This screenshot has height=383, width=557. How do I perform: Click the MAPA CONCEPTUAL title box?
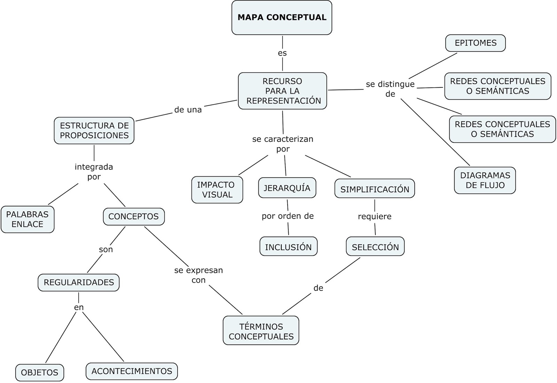(x=282, y=17)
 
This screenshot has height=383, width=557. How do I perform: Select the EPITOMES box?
(x=475, y=43)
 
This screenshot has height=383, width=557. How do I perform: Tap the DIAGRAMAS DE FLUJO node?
(x=485, y=180)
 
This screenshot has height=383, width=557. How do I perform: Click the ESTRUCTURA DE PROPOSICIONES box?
(x=94, y=131)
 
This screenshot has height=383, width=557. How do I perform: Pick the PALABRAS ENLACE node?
(x=28, y=219)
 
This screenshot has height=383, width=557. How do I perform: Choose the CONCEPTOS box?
(x=134, y=217)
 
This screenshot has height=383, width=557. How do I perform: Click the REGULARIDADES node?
(x=79, y=282)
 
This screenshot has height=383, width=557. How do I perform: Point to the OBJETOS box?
(x=40, y=373)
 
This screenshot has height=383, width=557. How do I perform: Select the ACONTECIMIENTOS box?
(x=132, y=371)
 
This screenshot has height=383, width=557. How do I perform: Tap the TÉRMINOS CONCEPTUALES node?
(x=261, y=331)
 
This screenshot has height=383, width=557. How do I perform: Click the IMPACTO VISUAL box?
(x=217, y=190)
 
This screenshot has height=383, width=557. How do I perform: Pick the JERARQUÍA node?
(x=287, y=188)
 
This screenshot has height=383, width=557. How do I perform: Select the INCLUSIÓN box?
(x=288, y=247)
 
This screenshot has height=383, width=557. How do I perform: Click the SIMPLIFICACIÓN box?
(x=375, y=189)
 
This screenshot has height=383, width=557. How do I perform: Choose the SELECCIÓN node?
(x=375, y=247)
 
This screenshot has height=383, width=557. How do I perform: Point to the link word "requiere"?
(x=375, y=217)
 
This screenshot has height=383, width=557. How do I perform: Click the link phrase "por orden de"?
(x=288, y=216)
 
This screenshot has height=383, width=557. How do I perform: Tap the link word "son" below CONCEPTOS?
(x=106, y=250)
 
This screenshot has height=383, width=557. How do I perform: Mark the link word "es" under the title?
(x=282, y=53)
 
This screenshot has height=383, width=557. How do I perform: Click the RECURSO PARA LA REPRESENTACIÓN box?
(x=282, y=91)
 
